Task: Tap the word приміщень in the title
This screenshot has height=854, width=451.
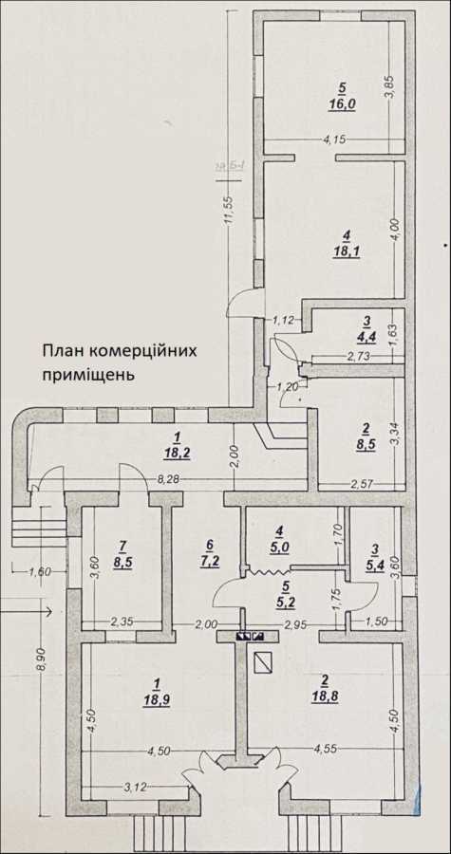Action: click(87, 374)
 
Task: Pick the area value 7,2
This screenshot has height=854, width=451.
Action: click(208, 560)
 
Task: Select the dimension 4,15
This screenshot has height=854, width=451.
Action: click(333, 140)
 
